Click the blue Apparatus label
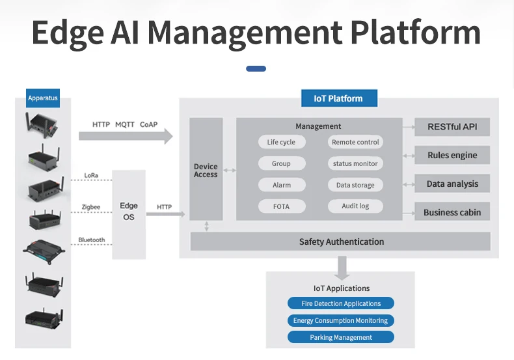pyautogui.click(x=43, y=99)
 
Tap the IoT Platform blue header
pyautogui.click(x=338, y=98)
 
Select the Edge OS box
pyautogui.click(x=129, y=212)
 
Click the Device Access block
pyautogui.click(x=206, y=171)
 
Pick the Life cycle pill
pyautogui.click(x=281, y=143)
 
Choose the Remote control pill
pyautogui.click(x=355, y=143)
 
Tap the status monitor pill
pyautogui.click(x=355, y=163)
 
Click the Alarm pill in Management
pyautogui.click(x=281, y=185)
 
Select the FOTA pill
pyautogui.click(x=281, y=206)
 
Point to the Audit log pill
pyautogui.click(x=355, y=206)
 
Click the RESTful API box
pyautogui.click(x=452, y=127)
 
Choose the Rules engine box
pyautogui.click(x=452, y=156)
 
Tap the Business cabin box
pyautogui.click(x=452, y=212)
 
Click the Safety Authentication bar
pyautogui.click(x=341, y=242)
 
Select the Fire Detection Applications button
pyautogui.click(x=341, y=303)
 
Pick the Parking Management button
pyautogui.click(x=341, y=337)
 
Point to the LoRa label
pyautogui.click(x=92, y=176)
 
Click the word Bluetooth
pyautogui.click(x=92, y=240)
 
